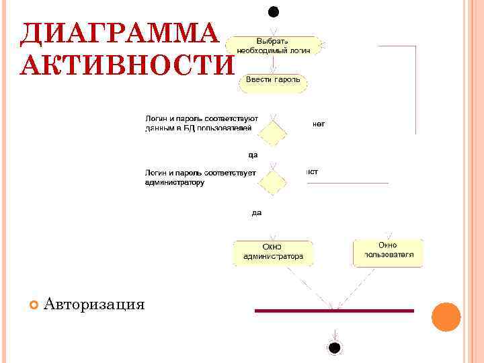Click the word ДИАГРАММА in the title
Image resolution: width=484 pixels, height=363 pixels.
[x=120, y=34]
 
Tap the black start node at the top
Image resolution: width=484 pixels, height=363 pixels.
[x=273, y=11]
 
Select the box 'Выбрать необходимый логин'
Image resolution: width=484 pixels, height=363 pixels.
[x=274, y=46]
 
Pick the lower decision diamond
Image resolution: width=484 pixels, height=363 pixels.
[x=273, y=181]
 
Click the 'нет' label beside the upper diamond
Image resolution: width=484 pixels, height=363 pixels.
[x=318, y=124]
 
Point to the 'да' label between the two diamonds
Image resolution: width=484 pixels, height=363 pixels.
[x=253, y=155]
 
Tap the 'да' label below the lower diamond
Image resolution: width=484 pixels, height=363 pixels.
[x=256, y=212]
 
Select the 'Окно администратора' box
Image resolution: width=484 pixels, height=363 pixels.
[x=273, y=251]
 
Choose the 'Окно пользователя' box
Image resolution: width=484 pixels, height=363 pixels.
[x=389, y=251]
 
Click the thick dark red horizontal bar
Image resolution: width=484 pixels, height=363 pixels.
[x=334, y=311]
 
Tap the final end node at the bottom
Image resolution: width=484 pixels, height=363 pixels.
[x=334, y=347]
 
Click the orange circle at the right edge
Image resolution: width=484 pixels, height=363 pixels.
[x=446, y=317]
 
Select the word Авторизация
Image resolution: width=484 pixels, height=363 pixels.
[x=94, y=305]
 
